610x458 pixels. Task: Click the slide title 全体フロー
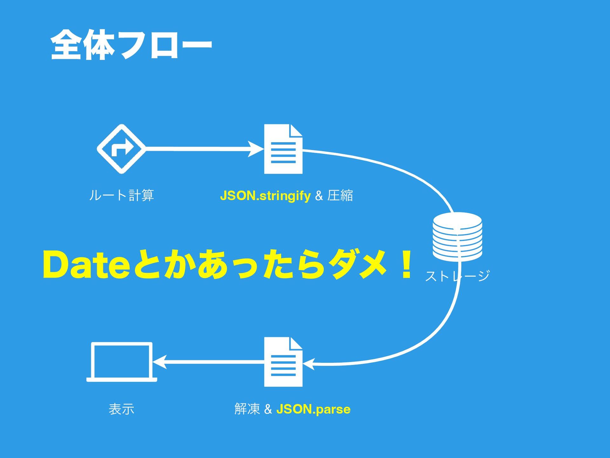(131, 45)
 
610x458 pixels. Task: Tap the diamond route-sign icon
(121, 149)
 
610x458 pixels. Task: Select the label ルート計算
(121, 195)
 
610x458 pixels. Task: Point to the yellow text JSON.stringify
(265, 196)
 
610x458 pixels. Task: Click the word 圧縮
(340, 195)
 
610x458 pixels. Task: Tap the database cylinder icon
(457, 236)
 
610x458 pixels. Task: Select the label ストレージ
(457, 276)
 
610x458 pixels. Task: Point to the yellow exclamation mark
(406, 265)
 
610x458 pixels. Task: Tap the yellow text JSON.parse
(313, 409)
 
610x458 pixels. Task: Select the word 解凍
(247, 409)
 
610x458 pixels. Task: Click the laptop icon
(122, 362)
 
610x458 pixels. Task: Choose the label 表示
(121, 409)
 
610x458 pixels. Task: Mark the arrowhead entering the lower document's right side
(309, 364)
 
